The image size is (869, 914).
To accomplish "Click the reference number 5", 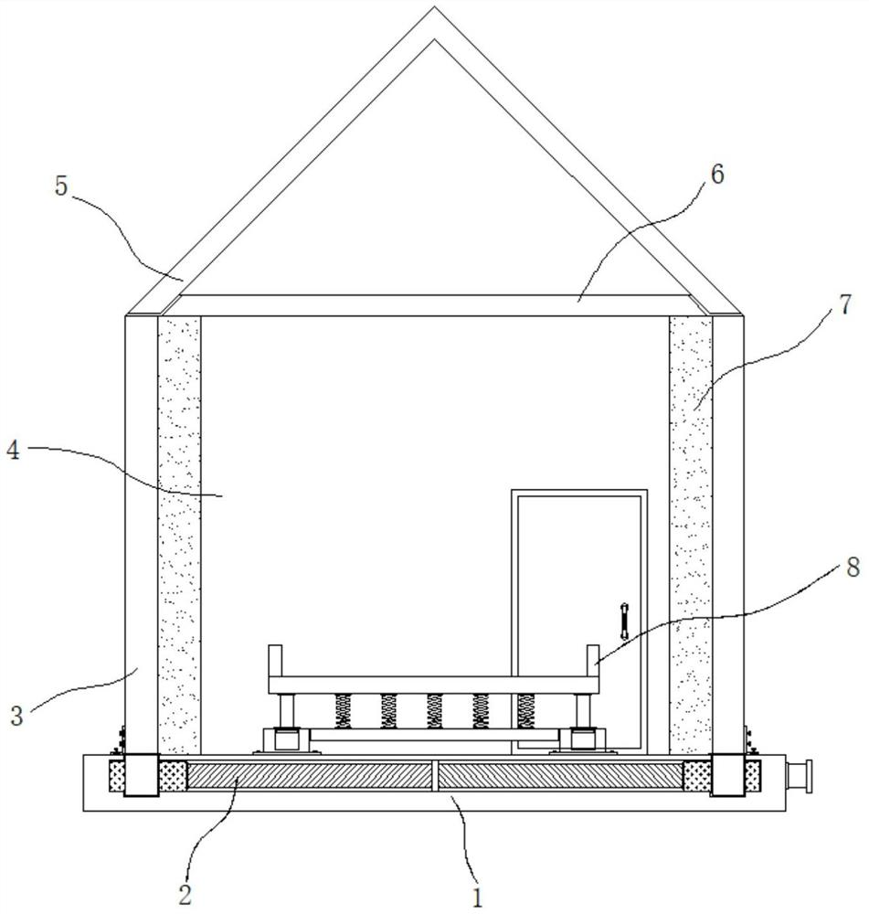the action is click(x=61, y=187).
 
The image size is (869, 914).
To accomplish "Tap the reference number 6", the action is click(x=716, y=175).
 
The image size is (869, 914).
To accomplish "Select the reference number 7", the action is click(x=844, y=304).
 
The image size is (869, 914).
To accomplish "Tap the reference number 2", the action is click(x=185, y=893).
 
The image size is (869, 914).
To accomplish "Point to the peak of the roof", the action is click(x=435, y=11).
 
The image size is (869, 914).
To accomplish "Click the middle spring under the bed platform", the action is click(x=435, y=710).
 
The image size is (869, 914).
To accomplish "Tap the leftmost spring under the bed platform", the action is click(x=344, y=710).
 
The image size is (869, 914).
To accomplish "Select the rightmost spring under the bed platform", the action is click(x=525, y=710).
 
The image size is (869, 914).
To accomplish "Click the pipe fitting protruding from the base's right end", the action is click(x=798, y=776).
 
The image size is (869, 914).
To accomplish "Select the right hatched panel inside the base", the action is click(x=560, y=776).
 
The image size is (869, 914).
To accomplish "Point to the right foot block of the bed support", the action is click(x=579, y=738).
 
